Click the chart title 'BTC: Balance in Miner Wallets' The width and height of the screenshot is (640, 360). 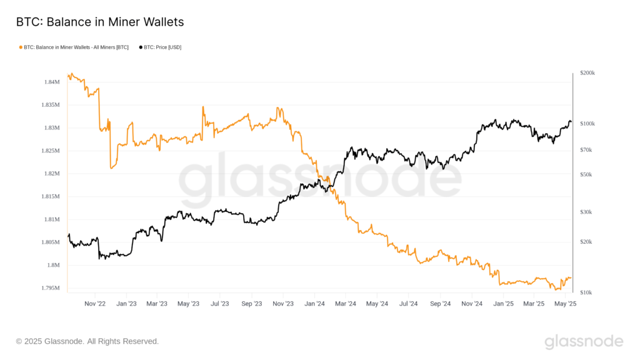100,22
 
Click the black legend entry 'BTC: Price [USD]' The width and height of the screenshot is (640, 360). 160,47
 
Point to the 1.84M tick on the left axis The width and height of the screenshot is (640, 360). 51,82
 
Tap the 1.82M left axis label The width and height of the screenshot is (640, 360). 51,174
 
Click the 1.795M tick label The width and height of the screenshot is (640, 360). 50,288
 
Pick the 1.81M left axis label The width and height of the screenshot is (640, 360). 51,219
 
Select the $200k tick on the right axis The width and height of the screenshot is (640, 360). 587,73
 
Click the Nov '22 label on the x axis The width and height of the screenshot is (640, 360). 95,304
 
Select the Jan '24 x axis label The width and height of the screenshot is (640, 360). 314,304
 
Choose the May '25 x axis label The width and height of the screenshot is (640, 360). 565,304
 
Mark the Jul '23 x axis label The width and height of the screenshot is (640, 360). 219,304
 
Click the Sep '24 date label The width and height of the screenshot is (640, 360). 440,304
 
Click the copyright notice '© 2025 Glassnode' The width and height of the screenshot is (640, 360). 87,341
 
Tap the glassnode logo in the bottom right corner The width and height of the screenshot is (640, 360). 584,341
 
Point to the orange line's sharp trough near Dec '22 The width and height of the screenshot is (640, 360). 111,167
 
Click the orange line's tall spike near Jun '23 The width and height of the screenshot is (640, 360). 202,107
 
